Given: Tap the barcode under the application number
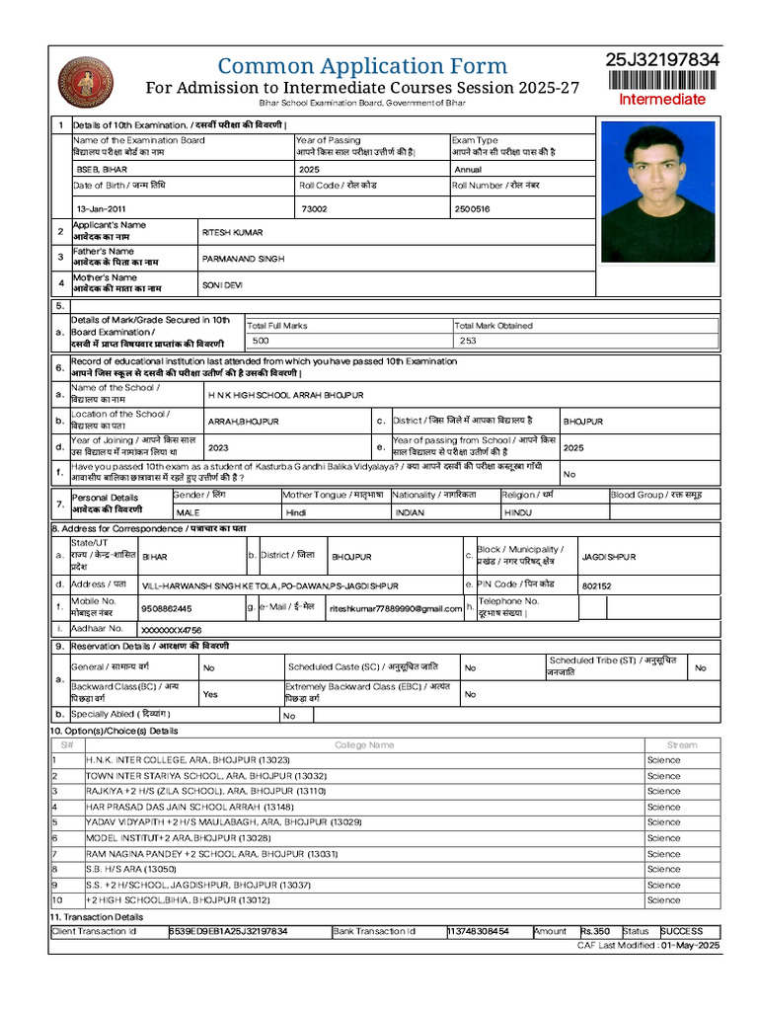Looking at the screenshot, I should (662, 80).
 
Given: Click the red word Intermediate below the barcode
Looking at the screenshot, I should (662, 99).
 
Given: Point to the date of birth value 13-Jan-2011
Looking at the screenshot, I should (102, 209).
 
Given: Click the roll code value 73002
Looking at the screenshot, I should (314, 209).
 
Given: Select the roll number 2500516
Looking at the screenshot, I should (472, 209).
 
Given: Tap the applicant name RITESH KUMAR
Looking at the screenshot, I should (232, 232).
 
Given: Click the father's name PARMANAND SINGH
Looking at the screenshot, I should (243, 258).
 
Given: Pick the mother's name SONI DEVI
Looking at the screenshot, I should (222, 284).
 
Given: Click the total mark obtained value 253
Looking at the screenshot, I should (468, 341).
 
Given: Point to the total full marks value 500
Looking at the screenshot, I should (261, 341).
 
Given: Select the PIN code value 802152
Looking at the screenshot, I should (596, 585).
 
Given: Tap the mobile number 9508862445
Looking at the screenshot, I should (167, 609).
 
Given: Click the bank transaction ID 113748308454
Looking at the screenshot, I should (479, 931).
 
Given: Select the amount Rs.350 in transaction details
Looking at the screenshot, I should (595, 931).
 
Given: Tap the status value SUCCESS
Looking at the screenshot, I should (682, 931).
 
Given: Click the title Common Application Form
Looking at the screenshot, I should (362, 67).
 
